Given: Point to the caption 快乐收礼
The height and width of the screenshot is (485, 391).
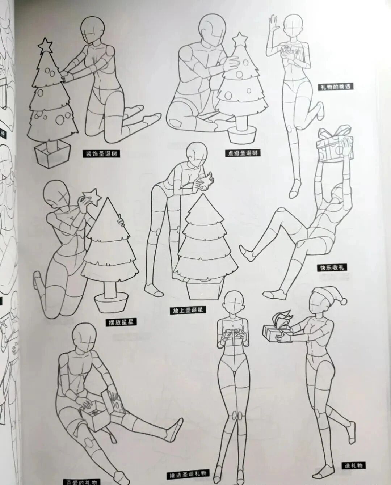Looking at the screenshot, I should pos(331,268).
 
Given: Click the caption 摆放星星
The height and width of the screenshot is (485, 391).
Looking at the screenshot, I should pos(119,322).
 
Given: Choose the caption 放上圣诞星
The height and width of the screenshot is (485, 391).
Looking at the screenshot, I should pos(187,311).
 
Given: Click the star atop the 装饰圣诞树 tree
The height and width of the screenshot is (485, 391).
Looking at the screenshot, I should pos(45,46).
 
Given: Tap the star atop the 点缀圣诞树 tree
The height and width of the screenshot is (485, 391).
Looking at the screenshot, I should pos(239,39).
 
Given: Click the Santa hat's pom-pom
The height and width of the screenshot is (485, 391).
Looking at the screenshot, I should pos(344,301).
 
